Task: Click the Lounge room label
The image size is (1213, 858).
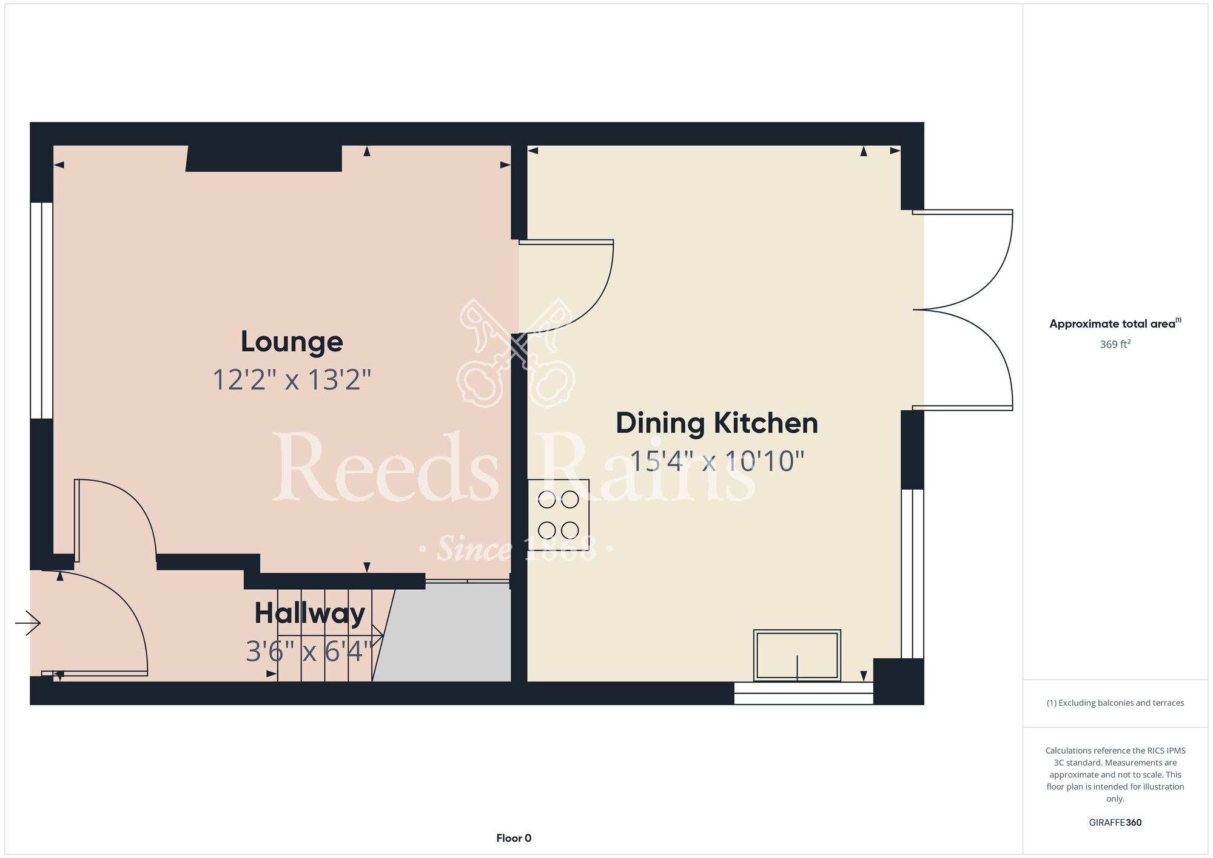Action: click(292, 342)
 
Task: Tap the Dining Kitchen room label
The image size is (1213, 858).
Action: click(717, 423)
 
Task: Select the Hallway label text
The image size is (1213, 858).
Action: click(309, 613)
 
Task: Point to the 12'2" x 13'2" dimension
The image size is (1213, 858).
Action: click(292, 380)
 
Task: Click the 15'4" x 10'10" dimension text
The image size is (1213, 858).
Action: click(717, 461)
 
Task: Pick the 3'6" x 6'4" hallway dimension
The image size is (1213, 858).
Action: click(309, 652)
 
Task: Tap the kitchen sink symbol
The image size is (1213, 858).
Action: click(797, 655)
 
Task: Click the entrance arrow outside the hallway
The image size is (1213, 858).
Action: click(28, 623)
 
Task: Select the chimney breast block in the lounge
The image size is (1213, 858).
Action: click(264, 158)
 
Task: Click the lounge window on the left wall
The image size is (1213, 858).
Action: click(42, 310)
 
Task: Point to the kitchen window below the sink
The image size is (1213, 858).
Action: click(804, 693)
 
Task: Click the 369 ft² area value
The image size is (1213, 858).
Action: click(1115, 344)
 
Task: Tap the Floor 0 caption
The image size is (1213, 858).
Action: click(514, 838)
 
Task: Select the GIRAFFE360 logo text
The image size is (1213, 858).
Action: click(1115, 823)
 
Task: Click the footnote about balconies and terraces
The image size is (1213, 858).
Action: click(1115, 703)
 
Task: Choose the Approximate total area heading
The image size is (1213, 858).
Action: click(1115, 323)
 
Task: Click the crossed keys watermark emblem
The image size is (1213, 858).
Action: click(516, 353)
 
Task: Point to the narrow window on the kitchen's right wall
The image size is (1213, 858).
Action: click(912, 574)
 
